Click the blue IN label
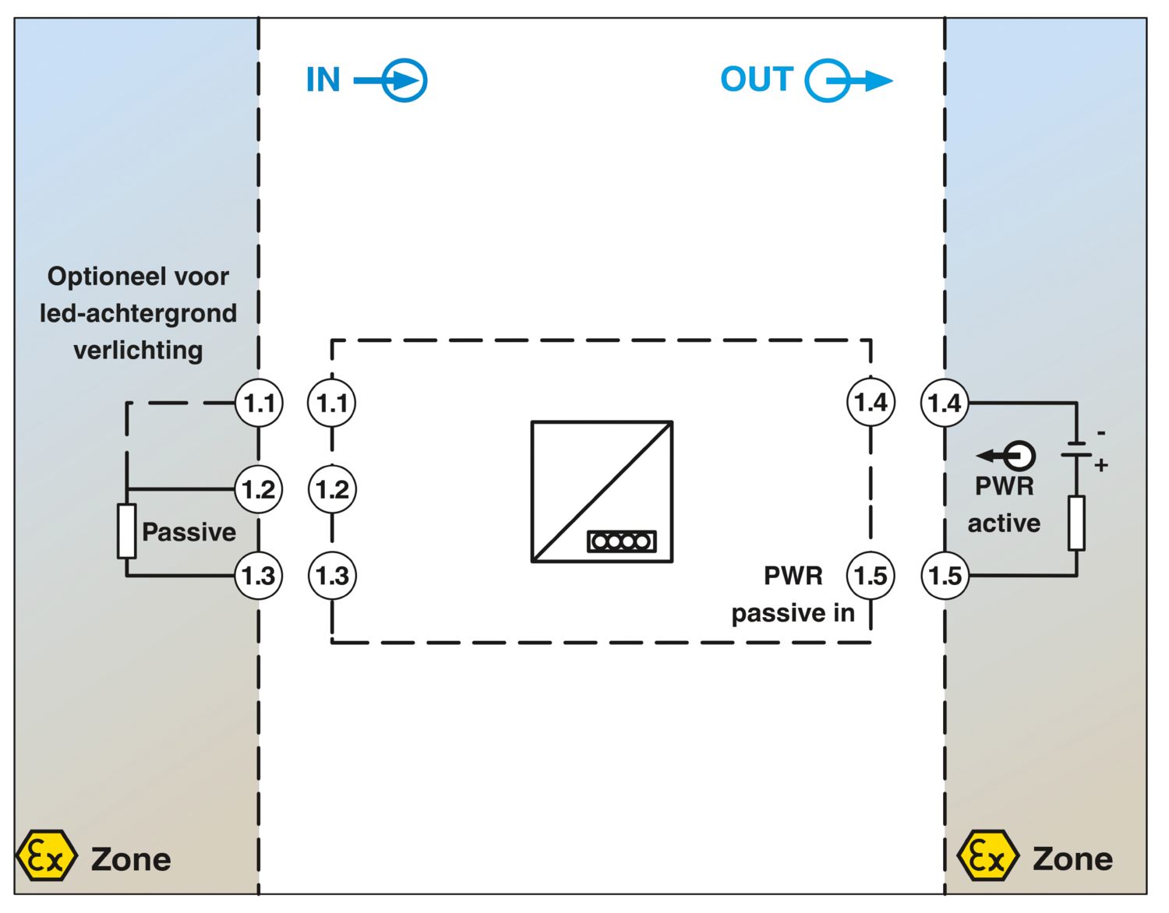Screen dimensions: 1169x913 pyautogui.click(x=323, y=79)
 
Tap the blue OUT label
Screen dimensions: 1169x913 pyautogui.click(x=757, y=79)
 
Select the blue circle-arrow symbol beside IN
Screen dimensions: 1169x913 pyautogui.click(x=391, y=81)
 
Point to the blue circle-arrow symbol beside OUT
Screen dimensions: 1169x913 pyautogui.click(x=849, y=81)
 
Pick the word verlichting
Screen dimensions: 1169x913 pyautogui.click(x=138, y=350)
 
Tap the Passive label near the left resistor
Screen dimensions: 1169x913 pyautogui.click(x=189, y=532)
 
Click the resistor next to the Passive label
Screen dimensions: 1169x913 pyautogui.click(x=126, y=531)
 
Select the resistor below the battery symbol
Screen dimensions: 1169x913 pyautogui.click(x=1076, y=523)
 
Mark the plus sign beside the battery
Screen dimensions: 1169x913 pyautogui.click(x=1100, y=464)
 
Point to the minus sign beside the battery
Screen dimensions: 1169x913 pyautogui.click(x=1101, y=433)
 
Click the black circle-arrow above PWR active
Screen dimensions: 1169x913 pyautogui.click(x=1005, y=456)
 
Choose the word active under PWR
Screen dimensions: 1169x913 pyautogui.click(x=1004, y=523)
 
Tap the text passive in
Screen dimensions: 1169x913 pyautogui.click(x=793, y=613)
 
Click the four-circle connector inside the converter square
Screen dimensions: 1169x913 pyautogui.click(x=621, y=541)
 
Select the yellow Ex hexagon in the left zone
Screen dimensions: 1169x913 pyautogui.click(x=47, y=855)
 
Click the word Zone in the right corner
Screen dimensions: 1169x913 pyautogui.click(x=1072, y=858)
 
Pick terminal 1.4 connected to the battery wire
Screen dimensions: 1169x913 pyautogui.click(x=945, y=403)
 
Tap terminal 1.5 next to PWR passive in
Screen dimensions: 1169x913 pyautogui.click(x=871, y=576)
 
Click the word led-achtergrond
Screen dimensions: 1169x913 pyautogui.click(x=138, y=313)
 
